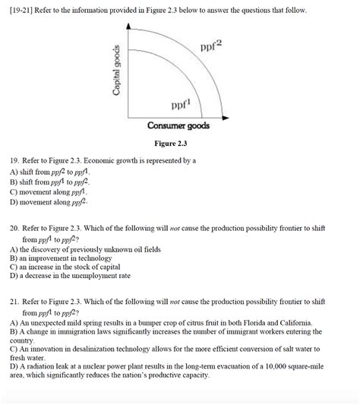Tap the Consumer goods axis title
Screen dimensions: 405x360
(x=178, y=125)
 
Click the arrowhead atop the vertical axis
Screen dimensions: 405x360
(x=130, y=27)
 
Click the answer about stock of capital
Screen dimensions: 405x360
(x=71, y=267)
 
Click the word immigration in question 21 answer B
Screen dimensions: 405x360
(x=76, y=331)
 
